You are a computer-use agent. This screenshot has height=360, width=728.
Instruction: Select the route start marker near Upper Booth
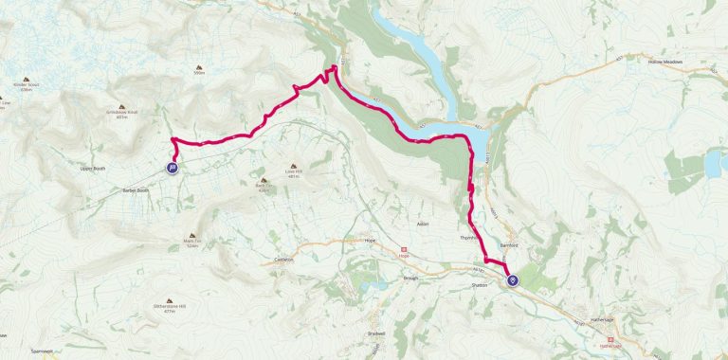click(173, 169)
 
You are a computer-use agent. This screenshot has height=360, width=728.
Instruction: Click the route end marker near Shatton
click(514, 280)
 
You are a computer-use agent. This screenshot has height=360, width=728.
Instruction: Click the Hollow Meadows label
click(665, 62)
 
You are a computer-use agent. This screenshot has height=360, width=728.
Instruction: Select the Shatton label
click(480, 285)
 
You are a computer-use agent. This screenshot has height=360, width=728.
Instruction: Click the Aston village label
click(423, 224)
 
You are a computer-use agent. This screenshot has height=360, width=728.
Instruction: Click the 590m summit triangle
click(199, 67)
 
